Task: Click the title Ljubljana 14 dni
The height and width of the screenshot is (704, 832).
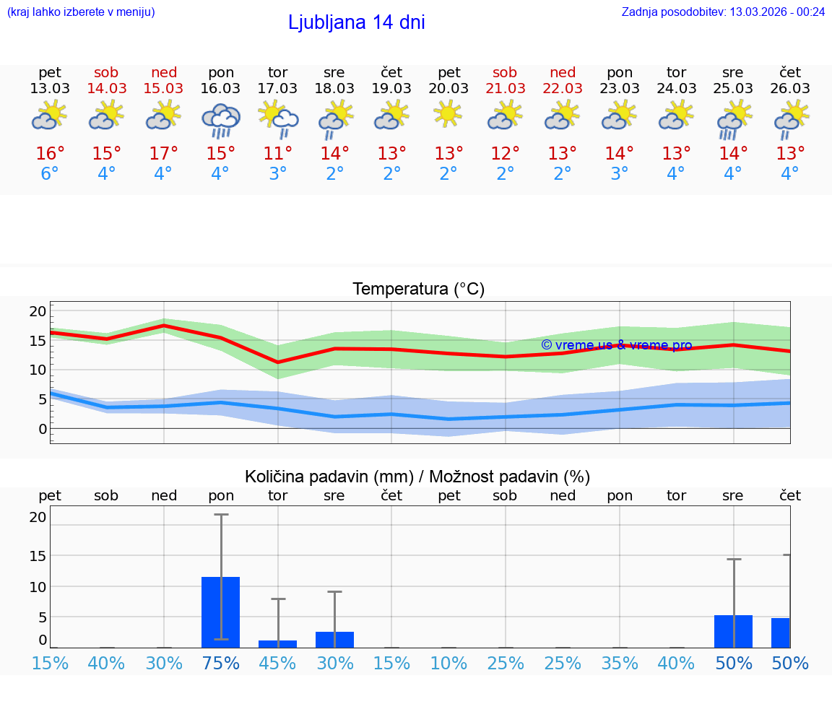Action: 356,22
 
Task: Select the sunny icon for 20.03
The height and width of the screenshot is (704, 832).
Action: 448,114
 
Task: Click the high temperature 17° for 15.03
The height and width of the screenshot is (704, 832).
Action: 164,154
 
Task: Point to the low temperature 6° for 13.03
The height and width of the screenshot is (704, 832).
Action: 50,174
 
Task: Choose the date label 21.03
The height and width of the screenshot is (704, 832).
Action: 505,89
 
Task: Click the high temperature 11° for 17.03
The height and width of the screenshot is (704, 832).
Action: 278,154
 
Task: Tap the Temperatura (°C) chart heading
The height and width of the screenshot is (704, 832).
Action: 418,290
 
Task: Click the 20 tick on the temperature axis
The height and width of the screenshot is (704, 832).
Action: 38,311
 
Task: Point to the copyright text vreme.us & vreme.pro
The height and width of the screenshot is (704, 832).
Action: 616,345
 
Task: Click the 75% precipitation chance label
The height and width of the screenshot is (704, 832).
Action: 221,663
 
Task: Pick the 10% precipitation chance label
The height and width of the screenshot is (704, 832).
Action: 448,663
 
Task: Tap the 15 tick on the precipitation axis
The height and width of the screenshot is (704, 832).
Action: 38,556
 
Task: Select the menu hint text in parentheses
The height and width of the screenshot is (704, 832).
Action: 81,12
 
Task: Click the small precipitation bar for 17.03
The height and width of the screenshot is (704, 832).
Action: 278,643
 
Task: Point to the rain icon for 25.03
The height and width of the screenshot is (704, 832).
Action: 734,121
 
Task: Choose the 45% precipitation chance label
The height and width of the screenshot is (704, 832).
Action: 278,663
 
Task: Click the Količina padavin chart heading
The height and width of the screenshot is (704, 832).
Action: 417,477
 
